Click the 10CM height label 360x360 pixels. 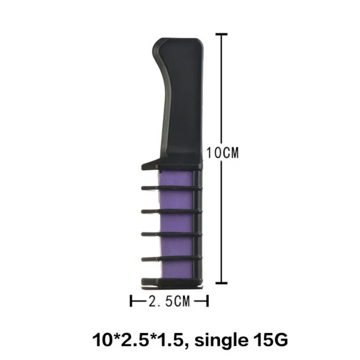(222, 153)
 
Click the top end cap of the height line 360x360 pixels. (220, 34)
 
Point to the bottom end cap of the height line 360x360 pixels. (220, 283)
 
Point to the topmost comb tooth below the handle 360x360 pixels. (171, 165)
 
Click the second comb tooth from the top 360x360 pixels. (171, 188)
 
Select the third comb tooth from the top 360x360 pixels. (171, 211)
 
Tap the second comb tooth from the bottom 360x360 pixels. (171, 258)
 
